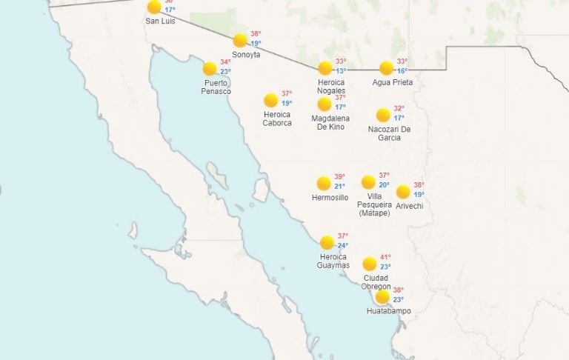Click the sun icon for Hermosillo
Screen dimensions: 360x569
(x=324, y=183)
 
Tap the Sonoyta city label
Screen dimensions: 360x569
(x=246, y=55)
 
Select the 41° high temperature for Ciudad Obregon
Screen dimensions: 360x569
(x=385, y=257)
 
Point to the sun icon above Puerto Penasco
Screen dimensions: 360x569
(x=210, y=68)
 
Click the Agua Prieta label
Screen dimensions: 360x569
(x=393, y=82)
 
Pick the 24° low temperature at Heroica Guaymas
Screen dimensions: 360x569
(x=343, y=246)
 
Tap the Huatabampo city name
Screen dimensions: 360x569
(x=388, y=311)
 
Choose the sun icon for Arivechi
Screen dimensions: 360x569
(x=403, y=192)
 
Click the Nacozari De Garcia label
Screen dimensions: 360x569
(x=389, y=133)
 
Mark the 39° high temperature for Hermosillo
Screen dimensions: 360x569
(x=339, y=177)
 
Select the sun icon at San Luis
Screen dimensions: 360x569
(x=154, y=7)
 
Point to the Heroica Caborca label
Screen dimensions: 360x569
(x=277, y=119)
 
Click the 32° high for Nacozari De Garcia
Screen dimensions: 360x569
(x=399, y=109)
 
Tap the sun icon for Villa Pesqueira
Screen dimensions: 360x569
(x=368, y=182)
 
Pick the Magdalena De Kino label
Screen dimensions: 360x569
(x=330, y=123)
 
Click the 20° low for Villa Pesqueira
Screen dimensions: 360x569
(x=384, y=185)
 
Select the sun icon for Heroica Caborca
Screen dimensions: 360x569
(x=270, y=100)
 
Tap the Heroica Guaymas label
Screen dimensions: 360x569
(x=333, y=261)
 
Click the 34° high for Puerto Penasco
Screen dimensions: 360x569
(x=225, y=62)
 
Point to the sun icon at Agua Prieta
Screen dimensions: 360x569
(x=386, y=68)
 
